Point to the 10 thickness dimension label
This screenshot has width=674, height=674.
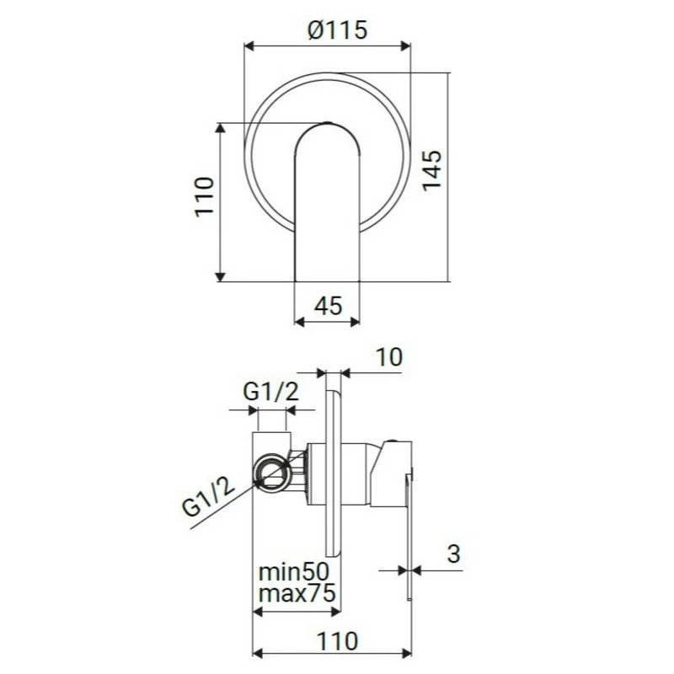[388, 356]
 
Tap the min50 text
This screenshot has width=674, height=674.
[295, 571]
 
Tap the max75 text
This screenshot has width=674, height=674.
[297, 593]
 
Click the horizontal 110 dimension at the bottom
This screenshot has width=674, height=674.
[334, 639]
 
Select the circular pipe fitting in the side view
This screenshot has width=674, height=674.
[273, 473]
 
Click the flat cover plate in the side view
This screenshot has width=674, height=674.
[334, 472]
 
